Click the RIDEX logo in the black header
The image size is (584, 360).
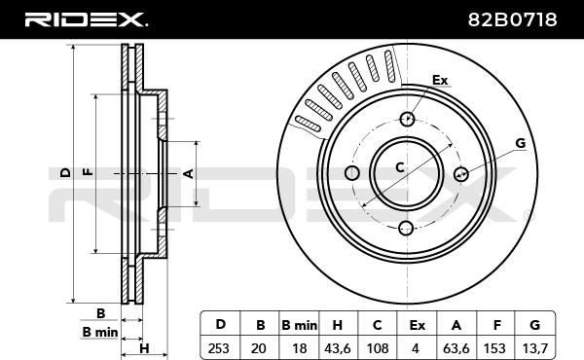tap(86, 19)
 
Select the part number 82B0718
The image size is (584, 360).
tap(513, 19)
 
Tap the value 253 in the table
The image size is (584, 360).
tap(219, 348)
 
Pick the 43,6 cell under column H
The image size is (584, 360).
tap(338, 348)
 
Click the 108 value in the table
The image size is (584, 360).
tap(378, 348)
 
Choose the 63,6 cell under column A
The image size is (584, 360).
tap(456, 348)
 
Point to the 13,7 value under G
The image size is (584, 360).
tap(534, 348)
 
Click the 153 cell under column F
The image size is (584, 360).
tap(494, 348)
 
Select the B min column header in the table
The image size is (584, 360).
tap(300, 325)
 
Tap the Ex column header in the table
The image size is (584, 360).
tap(417, 325)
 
